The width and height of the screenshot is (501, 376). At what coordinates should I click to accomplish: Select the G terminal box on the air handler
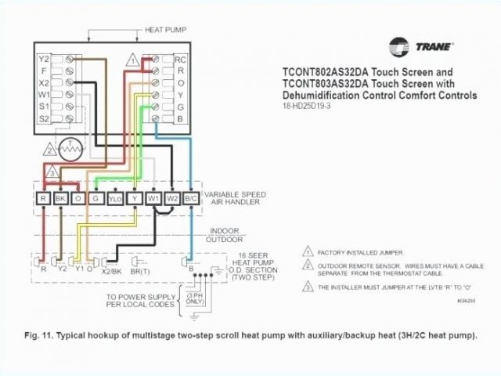click(96, 198)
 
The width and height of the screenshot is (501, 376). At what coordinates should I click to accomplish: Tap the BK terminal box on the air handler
click(60, 198)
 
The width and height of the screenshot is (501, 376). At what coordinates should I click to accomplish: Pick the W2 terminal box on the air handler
click(171, 198)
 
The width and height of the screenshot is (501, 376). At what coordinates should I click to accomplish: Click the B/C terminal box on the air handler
click(190, 198)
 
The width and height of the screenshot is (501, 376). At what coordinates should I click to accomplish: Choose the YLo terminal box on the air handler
click(114, 198)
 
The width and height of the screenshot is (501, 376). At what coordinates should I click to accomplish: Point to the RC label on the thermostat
click(180, 59)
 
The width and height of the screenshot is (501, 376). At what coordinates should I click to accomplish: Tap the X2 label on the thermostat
click(44, 81)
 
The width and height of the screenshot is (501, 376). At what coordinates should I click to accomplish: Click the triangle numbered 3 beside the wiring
click(52, 172)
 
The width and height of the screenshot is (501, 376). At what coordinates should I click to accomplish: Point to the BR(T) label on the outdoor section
click(143, 269)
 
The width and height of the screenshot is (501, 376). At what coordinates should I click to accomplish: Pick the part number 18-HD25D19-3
click(308, 107)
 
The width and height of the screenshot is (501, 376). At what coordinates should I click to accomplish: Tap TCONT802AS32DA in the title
click(326, 71)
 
